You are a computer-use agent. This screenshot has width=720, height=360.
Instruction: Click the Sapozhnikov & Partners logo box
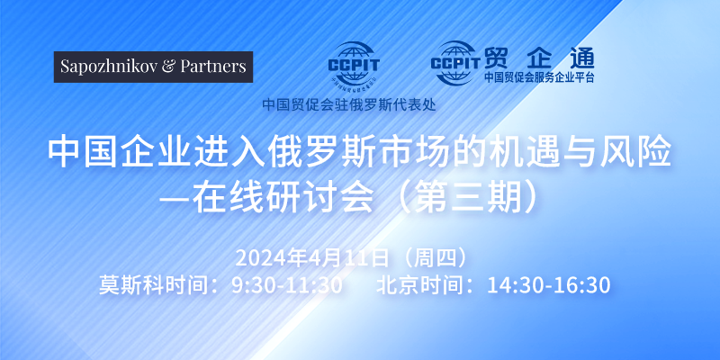point(153,67)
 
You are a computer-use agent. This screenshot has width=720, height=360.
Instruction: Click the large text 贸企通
point(539,58)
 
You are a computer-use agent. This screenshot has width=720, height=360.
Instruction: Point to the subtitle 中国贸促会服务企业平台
point(539,77)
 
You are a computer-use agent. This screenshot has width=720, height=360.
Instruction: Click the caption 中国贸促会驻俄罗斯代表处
point(349,104)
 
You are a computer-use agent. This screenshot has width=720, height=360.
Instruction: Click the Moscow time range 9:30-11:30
point(287,285)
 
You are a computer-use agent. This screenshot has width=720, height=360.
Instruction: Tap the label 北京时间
point(418,285)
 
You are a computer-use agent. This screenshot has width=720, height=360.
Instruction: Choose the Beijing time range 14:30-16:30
point(549,285)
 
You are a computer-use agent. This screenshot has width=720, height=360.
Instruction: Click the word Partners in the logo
point(213,67)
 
